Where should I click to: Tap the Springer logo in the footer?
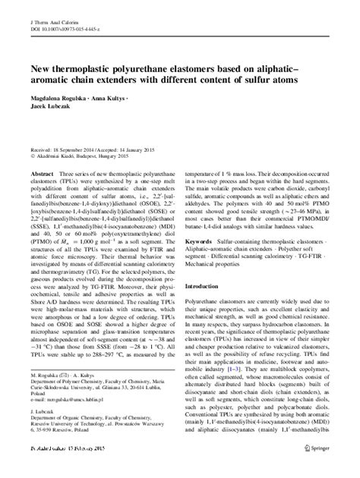click(x=327, y=471)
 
